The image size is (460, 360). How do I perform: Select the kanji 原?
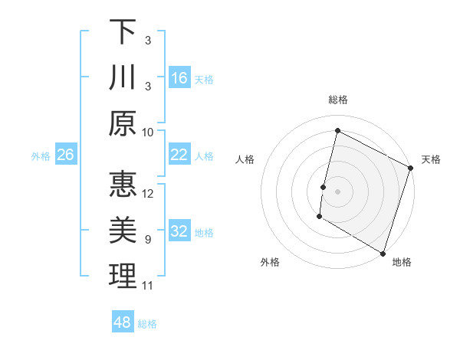(123, 123)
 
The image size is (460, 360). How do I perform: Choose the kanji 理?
(123, 277)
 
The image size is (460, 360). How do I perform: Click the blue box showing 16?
(179, 77)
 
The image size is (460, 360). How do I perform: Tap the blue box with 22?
(179, 155)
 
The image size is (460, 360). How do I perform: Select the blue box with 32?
(179, 231)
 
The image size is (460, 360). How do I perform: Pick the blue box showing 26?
(65, 155)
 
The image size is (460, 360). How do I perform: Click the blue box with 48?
(123, 322)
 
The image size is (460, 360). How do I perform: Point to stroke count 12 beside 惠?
(149, 194)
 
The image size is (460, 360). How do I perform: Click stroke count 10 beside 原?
(149, 132)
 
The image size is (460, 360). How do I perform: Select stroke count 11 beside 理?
(148, 286)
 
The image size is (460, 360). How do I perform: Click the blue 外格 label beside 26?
(41, 156)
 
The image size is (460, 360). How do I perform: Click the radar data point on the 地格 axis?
(383, 253)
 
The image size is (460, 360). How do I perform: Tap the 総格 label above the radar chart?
(337, 100)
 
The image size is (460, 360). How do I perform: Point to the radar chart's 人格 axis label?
(245, 159)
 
